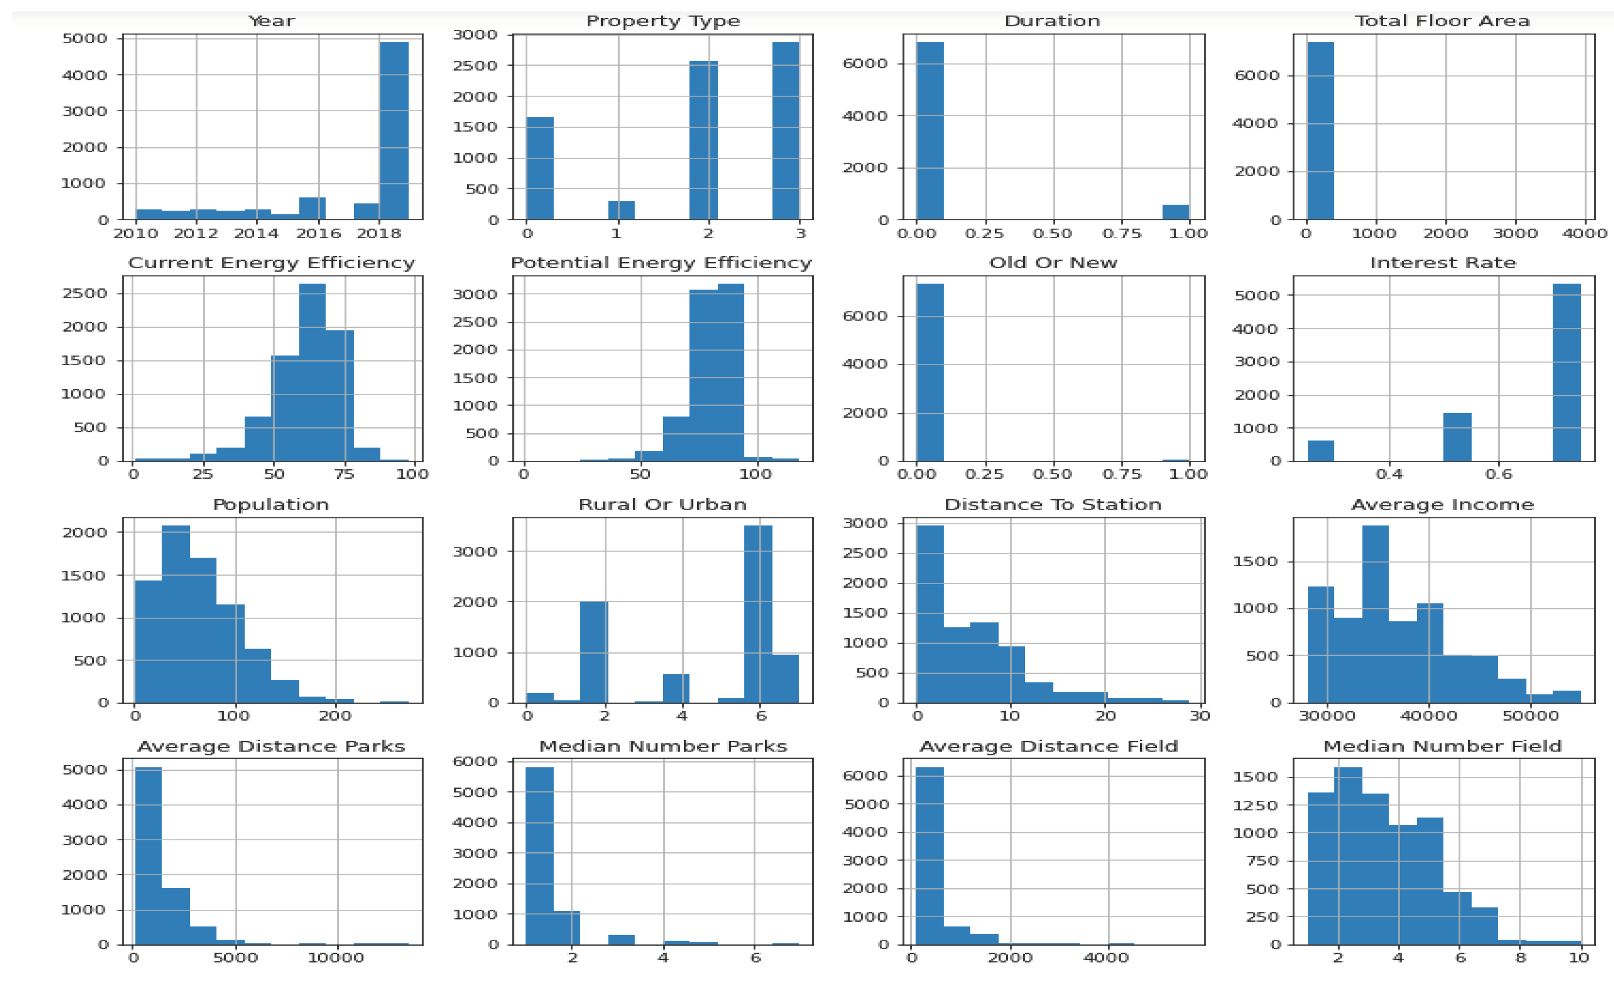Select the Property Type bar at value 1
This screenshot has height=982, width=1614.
point(621,210)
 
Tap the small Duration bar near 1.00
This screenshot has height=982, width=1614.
point(1175,212)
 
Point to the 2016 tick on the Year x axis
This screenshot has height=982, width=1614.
point(318,234)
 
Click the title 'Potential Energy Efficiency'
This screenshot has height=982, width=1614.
point(661,263)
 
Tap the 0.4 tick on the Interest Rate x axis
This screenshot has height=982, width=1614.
point(1389,474)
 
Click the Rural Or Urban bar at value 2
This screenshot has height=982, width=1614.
point(594,652)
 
